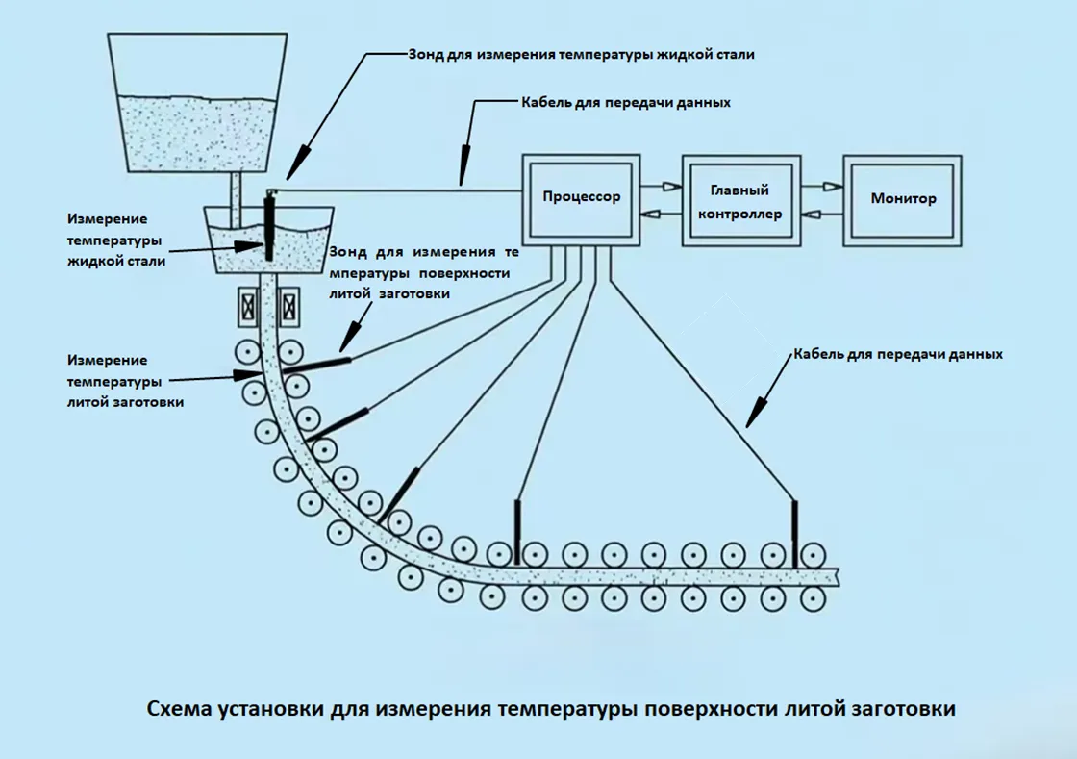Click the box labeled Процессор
(581, 198)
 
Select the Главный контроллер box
(739, 201)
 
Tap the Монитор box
(903, 199)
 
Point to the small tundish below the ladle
(269, 240)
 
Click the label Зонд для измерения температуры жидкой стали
(581, 55)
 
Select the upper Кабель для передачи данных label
(625, 103)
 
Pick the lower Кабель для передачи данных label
(898, 354)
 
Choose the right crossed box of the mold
(288, 307)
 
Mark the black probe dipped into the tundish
(268, 226)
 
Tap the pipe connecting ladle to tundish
(237, 189)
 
